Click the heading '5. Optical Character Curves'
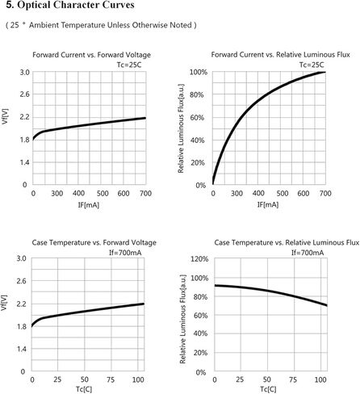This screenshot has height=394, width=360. coord(70,5)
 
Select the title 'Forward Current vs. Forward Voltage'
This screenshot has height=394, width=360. coord(91,55)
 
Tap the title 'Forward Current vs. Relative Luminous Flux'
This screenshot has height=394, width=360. coord(280,55)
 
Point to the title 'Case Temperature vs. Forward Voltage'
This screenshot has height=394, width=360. coord(94,243)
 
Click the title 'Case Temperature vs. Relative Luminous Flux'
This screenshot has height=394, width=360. coord(287,243)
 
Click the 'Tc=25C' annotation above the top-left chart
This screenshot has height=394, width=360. coord(129,65)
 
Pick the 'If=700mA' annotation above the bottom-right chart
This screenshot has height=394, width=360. coord(308,253)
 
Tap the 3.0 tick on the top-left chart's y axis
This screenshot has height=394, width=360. coord(24,73)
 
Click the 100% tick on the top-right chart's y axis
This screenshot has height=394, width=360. coord(199,72)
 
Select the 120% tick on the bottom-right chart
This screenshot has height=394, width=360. coord(199,259)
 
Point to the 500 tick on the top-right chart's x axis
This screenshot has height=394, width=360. coord(283,193)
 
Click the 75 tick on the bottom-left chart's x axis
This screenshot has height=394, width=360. coord(111,379)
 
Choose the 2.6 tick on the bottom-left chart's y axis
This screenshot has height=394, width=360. coord(22,281)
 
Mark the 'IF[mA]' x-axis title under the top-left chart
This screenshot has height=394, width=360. coord(89,205)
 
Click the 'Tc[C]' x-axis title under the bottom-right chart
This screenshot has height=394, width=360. coord(268,389)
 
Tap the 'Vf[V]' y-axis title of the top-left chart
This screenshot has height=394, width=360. coord(5,116)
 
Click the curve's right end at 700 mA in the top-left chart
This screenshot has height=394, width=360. coord(145,118)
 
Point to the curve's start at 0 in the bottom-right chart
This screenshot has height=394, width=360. coord(215,285)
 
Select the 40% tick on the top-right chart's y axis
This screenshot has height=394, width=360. coord(198,140)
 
